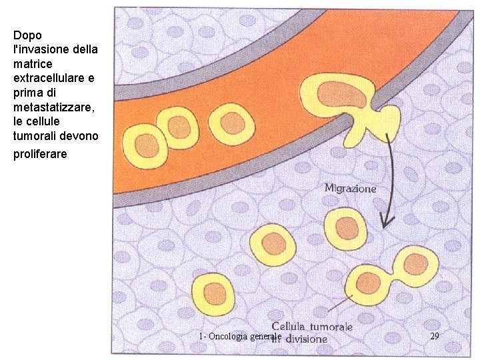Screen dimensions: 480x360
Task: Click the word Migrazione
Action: (350, 189)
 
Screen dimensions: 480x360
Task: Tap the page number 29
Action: (434, 336)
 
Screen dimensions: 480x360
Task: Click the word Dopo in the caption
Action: (27, 35)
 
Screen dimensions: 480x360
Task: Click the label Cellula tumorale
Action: (312, 327)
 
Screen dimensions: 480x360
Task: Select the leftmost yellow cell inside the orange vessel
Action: (148, 143)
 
